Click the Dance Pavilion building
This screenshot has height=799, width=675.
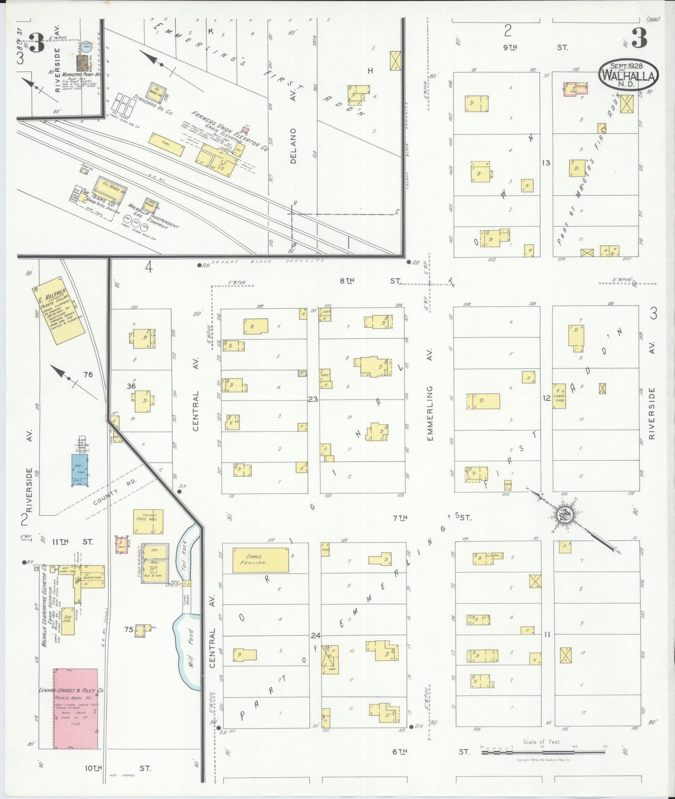(261, 560)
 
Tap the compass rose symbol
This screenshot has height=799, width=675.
(564, 515)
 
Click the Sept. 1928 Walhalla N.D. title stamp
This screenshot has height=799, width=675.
(628, 75)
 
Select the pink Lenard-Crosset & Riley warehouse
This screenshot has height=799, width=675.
(76, 708)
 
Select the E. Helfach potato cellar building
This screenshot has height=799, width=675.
(59, 311)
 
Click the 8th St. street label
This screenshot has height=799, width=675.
(369, 280)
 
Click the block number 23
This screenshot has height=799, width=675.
(313, 399)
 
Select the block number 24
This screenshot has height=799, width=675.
(315, 635)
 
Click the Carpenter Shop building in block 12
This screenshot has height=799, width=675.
(559, 396)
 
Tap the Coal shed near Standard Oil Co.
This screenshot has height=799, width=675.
(166, 144)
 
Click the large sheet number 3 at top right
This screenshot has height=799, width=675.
(639, 38)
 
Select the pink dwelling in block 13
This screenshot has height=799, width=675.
(576, 89)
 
